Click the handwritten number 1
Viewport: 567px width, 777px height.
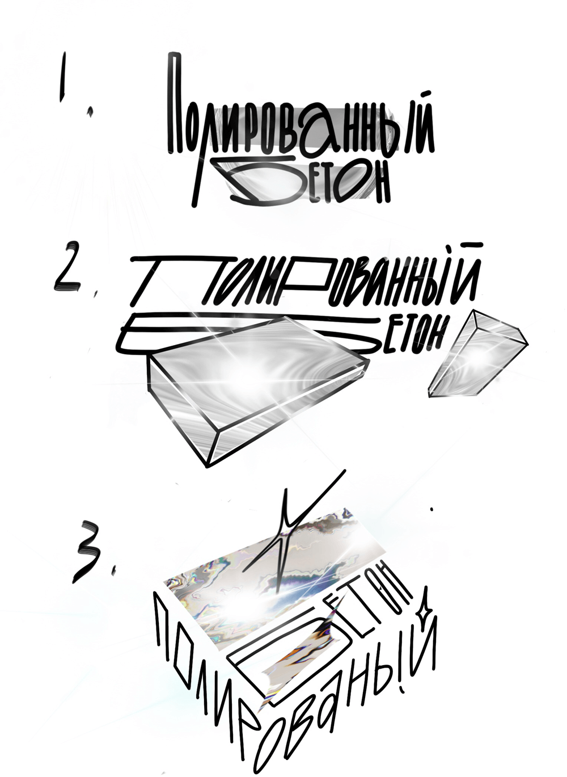click(63, 77)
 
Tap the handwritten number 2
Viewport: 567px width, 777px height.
click(68, 266)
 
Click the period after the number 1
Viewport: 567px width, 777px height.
click(91, 112)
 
